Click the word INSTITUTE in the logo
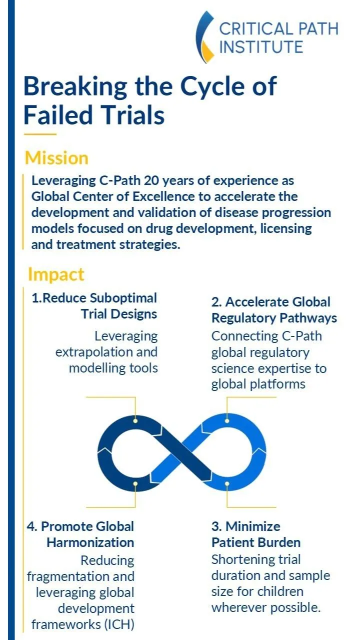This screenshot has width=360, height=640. pos(261,47)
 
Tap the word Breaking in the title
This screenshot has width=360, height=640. pos(75,87)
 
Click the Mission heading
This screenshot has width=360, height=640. pos(56,158)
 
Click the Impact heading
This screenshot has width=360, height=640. pos(56,275)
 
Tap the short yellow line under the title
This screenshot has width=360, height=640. pos(40,133)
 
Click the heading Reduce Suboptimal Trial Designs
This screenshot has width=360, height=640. pos(94,306)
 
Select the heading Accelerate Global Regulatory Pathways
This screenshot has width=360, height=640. pos(274,310)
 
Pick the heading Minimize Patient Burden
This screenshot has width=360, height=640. pos(256,534)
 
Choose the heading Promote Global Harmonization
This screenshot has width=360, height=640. pos(80,534)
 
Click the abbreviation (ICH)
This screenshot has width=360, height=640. pos(119,624)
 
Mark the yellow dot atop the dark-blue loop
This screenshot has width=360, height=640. pos(135,421)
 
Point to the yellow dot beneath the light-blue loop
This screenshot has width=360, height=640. pos(227,483)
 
